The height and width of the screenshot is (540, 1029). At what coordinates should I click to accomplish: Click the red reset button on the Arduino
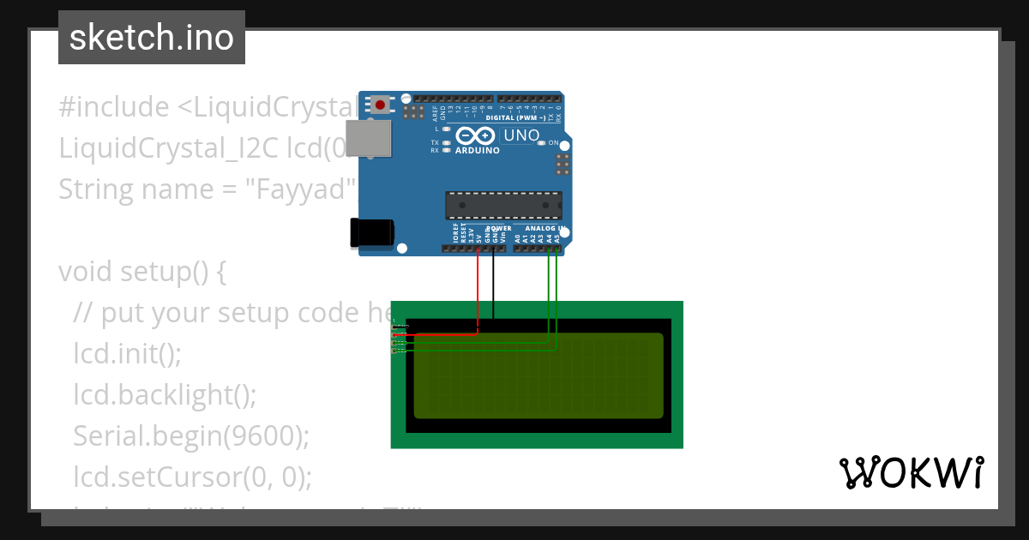(380, 105)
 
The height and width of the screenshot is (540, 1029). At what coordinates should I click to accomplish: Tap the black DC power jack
(371, 234)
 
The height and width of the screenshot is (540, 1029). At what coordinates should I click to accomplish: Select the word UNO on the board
(521, 135)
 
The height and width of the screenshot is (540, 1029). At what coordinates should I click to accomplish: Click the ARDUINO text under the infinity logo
(478, 150)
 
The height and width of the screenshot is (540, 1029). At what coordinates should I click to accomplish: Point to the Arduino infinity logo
(476, 135)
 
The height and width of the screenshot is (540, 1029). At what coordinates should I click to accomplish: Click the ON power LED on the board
(542, 143)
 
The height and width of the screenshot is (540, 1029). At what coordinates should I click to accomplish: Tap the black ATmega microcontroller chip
(503, 207)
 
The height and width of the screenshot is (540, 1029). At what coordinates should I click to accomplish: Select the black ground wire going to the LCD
(493, 283)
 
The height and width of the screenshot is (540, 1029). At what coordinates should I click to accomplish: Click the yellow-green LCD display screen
(539, 375)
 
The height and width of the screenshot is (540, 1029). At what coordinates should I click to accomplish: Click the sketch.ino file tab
(152, 38)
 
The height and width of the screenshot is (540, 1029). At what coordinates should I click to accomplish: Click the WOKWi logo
(911, 472)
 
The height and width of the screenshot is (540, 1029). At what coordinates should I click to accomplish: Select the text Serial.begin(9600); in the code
(190, 436)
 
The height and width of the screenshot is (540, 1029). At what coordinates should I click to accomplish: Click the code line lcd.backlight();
(165, 395)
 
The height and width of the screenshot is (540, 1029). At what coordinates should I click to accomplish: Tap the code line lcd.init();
(128, 354)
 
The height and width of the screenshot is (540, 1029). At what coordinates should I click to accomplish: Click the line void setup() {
(142, 272)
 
